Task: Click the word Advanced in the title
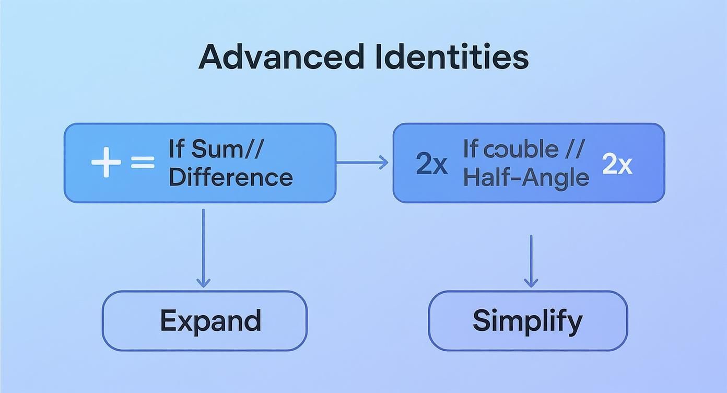[x=281, y=57]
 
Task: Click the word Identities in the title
[x=451, y=57]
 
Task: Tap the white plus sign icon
[x=106, y=163]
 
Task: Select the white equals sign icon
[x=142, y=163]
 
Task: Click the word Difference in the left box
[x=230, y=177]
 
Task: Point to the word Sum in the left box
[x=215, y=149]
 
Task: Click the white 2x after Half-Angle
[x=617, y=164]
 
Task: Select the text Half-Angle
[x=526, y=178]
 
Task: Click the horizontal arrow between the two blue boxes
[x=362, y=163]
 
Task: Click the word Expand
[x=210, y=320]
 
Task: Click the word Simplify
[x=527, y=320]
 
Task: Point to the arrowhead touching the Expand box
[x=203, y=282]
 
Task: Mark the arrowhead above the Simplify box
[x=531, y=282]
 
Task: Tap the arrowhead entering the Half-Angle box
[x=384, y=163]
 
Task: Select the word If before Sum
[x=176, y=149]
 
